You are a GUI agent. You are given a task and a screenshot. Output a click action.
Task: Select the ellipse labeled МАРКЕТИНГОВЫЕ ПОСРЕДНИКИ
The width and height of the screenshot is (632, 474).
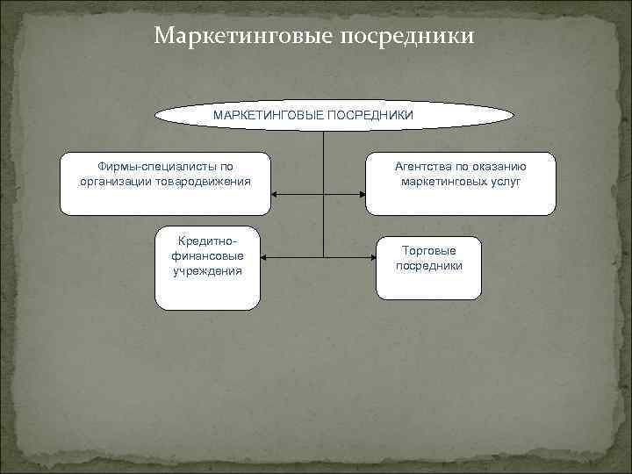[334, 115]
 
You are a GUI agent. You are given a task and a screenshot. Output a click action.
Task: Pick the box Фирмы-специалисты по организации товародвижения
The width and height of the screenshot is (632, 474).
[165, 184]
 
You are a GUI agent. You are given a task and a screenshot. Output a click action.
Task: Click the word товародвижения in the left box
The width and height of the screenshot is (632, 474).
[205, 181]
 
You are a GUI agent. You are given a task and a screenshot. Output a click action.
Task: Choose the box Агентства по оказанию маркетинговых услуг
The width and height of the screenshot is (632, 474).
[460, 184]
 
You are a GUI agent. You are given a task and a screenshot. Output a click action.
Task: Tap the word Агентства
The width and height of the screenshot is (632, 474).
[423, 166]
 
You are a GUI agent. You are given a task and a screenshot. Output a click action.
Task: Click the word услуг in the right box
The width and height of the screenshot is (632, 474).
[505, 181]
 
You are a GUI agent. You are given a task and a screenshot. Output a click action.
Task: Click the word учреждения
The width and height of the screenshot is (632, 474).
[208, 271]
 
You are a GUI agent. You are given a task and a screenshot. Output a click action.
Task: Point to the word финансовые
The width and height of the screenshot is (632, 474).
[208, 255]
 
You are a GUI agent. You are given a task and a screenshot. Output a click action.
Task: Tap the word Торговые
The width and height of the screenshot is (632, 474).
[429, 250]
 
